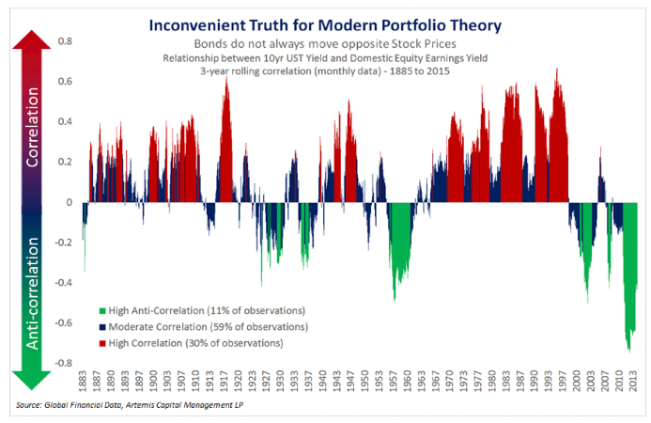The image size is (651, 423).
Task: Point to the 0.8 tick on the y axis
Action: pos(65,41)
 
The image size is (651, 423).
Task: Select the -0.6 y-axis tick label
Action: pos(62,322)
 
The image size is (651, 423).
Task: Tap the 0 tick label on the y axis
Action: pos(68,202)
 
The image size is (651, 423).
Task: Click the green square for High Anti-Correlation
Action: pos(102,309)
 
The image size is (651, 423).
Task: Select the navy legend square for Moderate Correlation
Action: pos(102,326)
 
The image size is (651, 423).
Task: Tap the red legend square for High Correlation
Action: pos(102,343)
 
